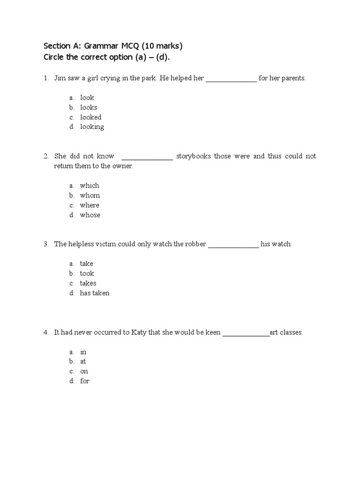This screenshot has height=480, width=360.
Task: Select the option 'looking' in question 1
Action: (92, 127)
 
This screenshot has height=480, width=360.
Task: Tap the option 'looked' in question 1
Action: (90, 117)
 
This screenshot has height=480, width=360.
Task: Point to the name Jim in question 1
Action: (60, 78)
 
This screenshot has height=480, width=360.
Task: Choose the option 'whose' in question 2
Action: (90, 215)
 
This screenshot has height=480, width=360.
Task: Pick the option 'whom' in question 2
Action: (90, 195)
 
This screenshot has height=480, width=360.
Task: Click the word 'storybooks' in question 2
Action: (194, 156)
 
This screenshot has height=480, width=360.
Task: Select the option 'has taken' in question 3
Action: (95, 293)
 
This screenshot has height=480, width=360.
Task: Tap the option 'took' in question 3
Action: (87, 274)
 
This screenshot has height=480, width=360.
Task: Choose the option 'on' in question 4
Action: (84, 371)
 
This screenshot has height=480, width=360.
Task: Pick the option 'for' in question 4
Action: (84, 381)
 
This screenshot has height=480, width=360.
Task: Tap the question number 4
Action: (46, 332)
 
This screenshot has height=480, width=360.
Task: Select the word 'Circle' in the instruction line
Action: (55, 57)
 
